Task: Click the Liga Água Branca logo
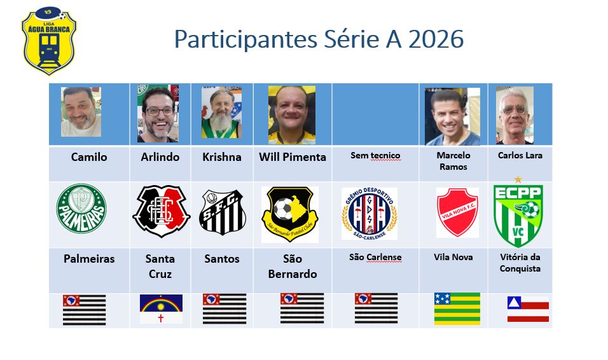click(49, 40)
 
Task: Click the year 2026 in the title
click(436, 39)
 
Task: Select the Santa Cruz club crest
click(162, 212)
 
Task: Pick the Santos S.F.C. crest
click(223, 212)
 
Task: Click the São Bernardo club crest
click(290, 214)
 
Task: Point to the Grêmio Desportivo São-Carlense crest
click(369, 213)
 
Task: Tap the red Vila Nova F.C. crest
click(457, 212)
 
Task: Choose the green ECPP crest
click(518, 212)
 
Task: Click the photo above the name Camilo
click(81, 112)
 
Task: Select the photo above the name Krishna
click(221, 113)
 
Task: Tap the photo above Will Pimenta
click(291, 115)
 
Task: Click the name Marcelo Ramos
click(453, 161)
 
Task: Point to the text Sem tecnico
click(376, 156)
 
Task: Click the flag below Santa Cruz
click(161, 309)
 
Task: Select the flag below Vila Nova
click(457, 308)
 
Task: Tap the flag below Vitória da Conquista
click(528, 309)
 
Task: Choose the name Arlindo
click(160, 157)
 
